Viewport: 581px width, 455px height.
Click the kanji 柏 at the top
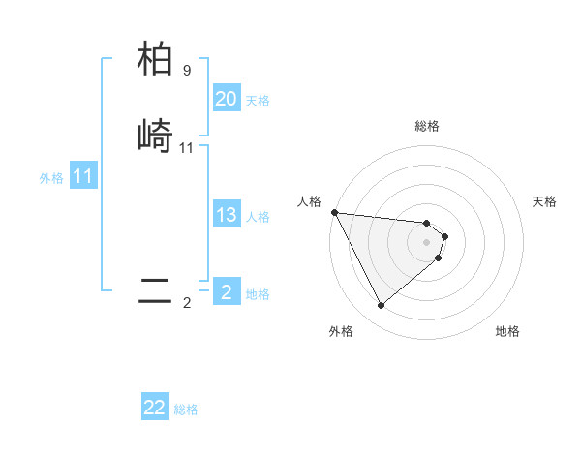(x=155, y=60)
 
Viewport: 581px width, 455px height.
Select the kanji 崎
(x=155, y=136)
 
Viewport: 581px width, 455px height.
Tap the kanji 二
(x=155, y=291)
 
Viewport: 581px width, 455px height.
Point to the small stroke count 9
(x=187, y=71)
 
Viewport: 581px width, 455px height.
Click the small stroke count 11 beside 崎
(x=187, y=148)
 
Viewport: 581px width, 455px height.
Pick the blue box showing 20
(x=226, y=99)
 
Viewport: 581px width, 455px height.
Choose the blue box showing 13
(x=226, y=215)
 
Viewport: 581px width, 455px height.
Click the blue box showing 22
(x=155, y=408)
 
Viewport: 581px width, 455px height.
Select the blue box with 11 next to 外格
(x=82, y=176)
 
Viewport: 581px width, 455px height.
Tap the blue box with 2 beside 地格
(x=226, y=291)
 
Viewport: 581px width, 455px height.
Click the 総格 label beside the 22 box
(x=187, y=409)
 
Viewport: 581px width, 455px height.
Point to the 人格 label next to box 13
(x=258, y=217)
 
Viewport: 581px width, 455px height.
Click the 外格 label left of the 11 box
(x=51, y=178)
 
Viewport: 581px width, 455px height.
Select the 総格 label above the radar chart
(x=427, y=126)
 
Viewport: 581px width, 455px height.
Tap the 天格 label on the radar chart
(x=545, y=201)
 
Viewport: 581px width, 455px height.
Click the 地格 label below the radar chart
(x=507, y=331)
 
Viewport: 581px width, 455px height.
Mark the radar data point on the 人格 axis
(x=334, y=212)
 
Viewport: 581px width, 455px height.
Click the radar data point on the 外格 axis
(x=381, y=306)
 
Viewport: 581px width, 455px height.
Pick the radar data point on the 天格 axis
(x=445, y=235)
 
